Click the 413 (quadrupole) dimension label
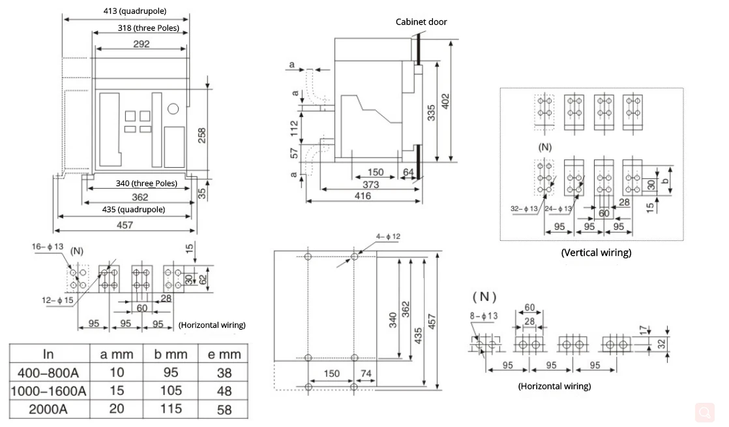tap(135, 11)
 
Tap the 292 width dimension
tap(141, 44)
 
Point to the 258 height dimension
tap(202, 134)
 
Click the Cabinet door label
tap(421, 22)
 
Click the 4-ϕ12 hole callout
tap(388, 236)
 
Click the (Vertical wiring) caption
tap(596, 252)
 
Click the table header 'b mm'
tap(171, 354)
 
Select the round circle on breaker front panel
tap(173, 108)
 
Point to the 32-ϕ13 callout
tap(524, 208)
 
